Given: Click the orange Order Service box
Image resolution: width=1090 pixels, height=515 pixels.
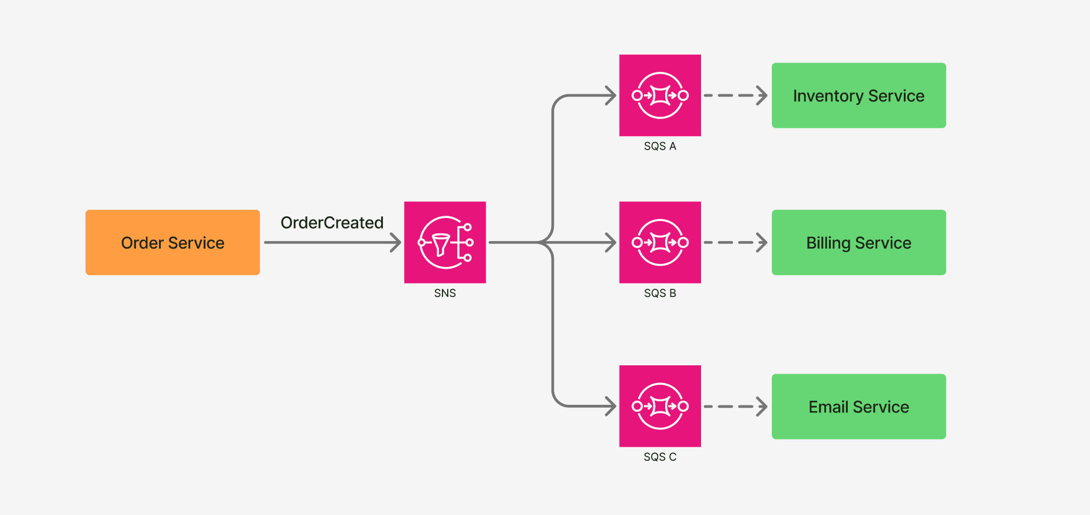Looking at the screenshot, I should [x=173, y=242].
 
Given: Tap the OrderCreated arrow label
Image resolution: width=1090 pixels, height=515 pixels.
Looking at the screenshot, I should [x=332, y=223].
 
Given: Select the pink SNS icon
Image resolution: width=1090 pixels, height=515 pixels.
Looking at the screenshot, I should [x=445, y=242].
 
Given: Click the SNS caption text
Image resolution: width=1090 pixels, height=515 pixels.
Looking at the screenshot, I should [x=445, y=293].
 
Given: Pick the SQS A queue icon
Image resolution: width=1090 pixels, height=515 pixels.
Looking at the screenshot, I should [x=660, y=95].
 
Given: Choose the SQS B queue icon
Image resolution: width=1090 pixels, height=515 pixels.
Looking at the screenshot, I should [x=660, y=242].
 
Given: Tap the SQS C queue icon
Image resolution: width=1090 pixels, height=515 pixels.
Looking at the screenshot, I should [x=660, y=406].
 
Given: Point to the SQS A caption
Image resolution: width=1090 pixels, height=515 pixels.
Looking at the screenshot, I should [x=660, y=146].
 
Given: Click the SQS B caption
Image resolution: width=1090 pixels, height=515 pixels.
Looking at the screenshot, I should [x=660, y=293].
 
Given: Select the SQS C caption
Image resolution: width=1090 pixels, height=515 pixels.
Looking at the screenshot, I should [x=660, y=457].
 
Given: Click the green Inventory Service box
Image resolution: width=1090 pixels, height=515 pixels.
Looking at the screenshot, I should [x=858, y=95].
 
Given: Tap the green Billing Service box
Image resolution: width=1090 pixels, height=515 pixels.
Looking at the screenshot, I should [x=858, y=242].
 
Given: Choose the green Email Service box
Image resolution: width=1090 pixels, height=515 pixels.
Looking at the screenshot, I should [x=858, y=407].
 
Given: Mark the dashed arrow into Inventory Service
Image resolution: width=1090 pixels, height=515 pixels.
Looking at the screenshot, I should [x=735, y=95].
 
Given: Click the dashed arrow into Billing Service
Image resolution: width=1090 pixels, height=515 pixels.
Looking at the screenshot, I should [x=735, y=242].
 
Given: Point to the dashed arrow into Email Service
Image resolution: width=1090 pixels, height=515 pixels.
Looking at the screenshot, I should [x=735, y=407].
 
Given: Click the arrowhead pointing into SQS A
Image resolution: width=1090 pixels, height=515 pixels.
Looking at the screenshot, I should [x=611, y=95].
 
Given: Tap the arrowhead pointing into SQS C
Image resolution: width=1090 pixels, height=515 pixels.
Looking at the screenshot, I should [x=611, y=406].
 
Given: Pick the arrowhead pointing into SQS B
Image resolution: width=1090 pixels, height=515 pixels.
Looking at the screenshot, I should [x=611, y=242].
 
